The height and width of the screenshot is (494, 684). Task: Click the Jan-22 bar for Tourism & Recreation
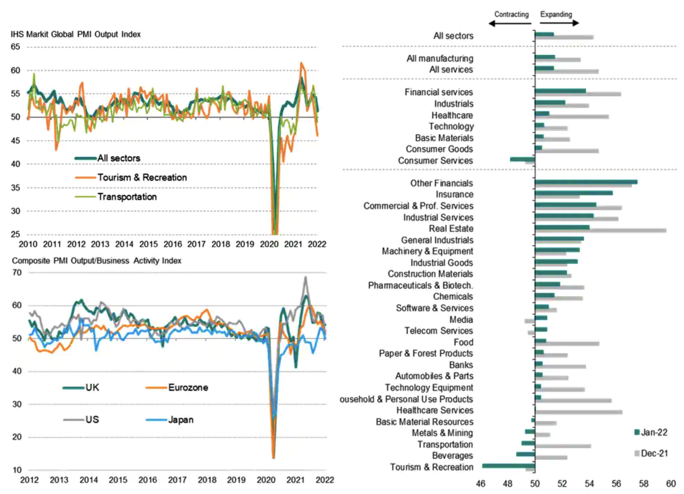click(x=508, y=466)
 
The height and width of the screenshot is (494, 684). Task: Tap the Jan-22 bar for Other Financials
click(x=586, y=182)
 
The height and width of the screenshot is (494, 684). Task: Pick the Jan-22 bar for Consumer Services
click(x=523, y=159)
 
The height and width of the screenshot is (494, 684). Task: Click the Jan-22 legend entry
click(x=651, y=432)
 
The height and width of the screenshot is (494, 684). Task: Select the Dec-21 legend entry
click(x=651, y=454)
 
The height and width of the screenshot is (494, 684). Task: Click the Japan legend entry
click(x=169, y=420)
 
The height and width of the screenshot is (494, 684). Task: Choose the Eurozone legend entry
click(x=177, y=387)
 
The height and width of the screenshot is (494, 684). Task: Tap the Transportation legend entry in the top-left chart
click(x=116, y=197)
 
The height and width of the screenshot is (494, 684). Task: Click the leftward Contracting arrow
click(x=510, y=23)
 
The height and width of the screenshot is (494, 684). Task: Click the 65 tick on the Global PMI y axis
click(x=15, y=47)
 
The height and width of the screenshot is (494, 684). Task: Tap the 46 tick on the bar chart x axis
click(x=481, y=484)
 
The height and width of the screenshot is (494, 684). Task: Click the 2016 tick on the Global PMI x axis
click(x=173, y=244)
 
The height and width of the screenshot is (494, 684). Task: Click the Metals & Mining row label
click(x=442, y=433)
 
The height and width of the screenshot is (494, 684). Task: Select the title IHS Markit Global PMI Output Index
click(x=76, y=34)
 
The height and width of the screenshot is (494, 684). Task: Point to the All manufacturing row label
click(x=440, y=58)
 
